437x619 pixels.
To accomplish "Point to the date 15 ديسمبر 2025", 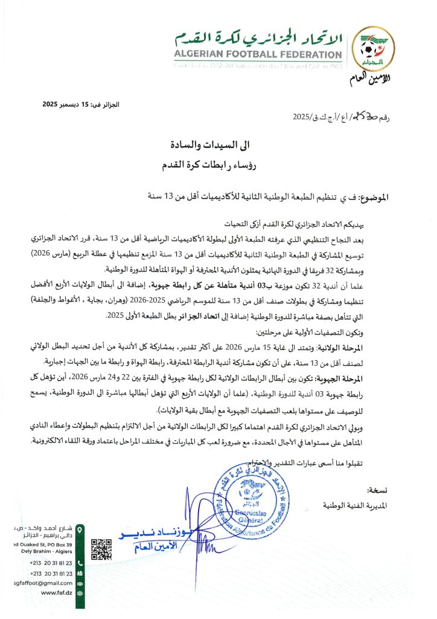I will tap(80, 105).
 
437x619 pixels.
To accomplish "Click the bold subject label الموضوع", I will tap(372, 198).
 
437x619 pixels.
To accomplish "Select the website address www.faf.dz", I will tap(57, 593).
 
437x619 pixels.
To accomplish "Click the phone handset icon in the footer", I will tap(80, 563).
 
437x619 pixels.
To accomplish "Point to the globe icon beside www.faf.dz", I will tap(80, 593).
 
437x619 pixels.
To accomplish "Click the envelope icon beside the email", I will tap(80, 583).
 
